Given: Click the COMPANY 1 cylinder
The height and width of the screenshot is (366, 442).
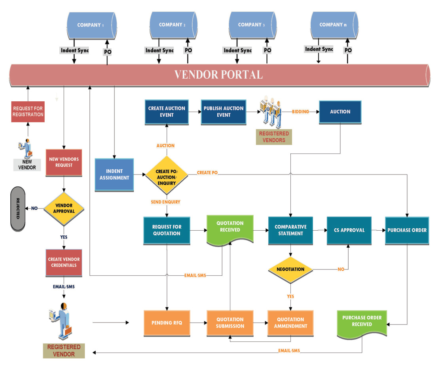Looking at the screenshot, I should (91, 25).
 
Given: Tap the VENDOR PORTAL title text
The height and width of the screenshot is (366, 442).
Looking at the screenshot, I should (219, 74).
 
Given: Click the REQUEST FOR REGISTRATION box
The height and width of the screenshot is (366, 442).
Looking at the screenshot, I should (28, 111).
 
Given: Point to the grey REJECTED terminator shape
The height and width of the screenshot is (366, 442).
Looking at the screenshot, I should (17, 209).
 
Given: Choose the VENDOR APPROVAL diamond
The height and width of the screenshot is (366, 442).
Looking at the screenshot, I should (64, 208).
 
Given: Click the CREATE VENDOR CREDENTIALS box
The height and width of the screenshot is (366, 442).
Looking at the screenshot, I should (64, 262).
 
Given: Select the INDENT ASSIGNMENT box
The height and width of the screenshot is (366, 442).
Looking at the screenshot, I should (114, 175).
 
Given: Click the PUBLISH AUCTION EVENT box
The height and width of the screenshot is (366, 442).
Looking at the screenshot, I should (224, 112).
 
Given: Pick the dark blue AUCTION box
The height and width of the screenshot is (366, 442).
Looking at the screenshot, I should (340, 112).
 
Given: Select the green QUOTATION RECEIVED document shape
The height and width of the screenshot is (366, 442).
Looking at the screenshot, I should (230, 229).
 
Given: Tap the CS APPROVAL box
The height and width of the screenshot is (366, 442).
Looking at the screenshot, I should (349, 230).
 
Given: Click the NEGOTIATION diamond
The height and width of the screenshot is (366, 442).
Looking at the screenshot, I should (290, 269).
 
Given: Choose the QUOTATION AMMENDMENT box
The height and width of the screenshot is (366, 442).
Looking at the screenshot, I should (290, 323).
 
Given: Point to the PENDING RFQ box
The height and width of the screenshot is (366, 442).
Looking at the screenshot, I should (167, 323).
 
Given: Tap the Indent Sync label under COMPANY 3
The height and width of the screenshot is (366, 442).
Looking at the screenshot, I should (237, 50).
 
